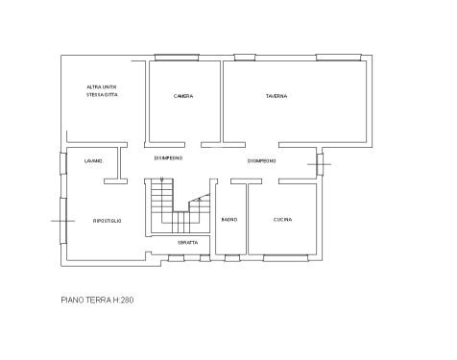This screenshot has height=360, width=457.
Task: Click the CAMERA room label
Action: click(183, 96)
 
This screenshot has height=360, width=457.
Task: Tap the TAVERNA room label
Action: click(277, 96)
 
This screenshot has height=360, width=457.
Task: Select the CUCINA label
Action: click(283, 220)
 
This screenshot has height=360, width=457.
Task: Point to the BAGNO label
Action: click(229, 220)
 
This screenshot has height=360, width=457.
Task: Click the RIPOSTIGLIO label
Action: click(108, 221)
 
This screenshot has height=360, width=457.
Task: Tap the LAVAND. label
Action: click(94, 161)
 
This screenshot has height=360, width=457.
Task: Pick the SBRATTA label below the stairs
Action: click(188, 243)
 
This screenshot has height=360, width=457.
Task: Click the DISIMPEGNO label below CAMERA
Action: click(169, 158)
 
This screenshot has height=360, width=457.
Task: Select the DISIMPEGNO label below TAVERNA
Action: click(262, 161)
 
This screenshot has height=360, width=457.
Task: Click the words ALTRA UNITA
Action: click(102, 87)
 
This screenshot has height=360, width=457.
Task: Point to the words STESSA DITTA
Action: click(102, 95)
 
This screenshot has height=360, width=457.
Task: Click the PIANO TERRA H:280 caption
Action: click(97, 300)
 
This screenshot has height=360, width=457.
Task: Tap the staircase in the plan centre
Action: click(178, 205)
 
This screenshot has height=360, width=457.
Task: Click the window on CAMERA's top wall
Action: click(177, 58)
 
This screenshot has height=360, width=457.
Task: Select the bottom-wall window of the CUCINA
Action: click(286, 258)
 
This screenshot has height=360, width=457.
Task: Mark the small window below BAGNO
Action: click(232, 258)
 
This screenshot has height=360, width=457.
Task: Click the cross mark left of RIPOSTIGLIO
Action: click(62, 221)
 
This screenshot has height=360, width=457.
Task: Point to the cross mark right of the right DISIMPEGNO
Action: click(320, 164)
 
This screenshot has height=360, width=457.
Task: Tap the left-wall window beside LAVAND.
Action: click(63, 163)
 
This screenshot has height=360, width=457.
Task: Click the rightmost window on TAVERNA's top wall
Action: click(339, 58)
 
